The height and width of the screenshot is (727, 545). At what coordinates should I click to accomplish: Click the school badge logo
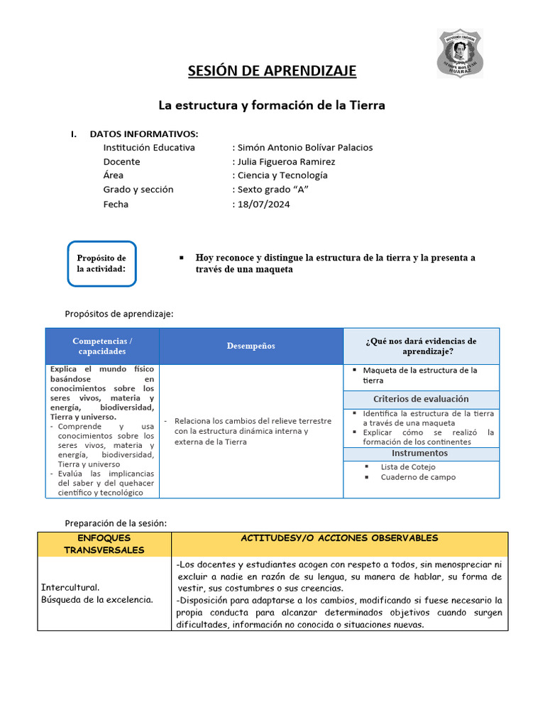pos(461,53)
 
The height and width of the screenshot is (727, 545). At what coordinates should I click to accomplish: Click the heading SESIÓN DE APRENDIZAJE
pos(272,70)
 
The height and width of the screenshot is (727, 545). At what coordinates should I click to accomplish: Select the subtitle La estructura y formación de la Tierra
pos(271,105)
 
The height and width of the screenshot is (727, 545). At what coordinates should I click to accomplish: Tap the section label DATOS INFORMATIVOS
pos(144,133)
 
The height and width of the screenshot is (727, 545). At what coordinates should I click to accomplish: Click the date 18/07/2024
pos(263,204)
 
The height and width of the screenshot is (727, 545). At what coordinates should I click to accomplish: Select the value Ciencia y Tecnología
pos(282,175)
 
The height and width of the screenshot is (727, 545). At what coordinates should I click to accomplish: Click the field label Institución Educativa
pos(149,148)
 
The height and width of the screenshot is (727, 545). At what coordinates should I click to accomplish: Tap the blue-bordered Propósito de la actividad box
pos(101,263)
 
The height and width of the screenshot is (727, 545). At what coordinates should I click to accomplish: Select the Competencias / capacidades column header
pos(102,346)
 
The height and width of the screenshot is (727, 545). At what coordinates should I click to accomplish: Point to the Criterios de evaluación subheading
pos(421,399)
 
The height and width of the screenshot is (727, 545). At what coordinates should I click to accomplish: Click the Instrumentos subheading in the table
pos(419,454)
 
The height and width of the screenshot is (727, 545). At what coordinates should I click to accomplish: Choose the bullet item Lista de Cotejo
pos(408,467)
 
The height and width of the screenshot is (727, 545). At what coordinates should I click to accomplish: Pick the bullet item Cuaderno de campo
pos(418,478)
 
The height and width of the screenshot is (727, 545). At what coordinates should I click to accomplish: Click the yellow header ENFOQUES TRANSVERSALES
pos(101,544)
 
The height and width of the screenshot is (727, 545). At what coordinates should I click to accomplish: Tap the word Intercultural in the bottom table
pos(70,588)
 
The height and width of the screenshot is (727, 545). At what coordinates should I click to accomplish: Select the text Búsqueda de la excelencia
pos(97,600)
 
